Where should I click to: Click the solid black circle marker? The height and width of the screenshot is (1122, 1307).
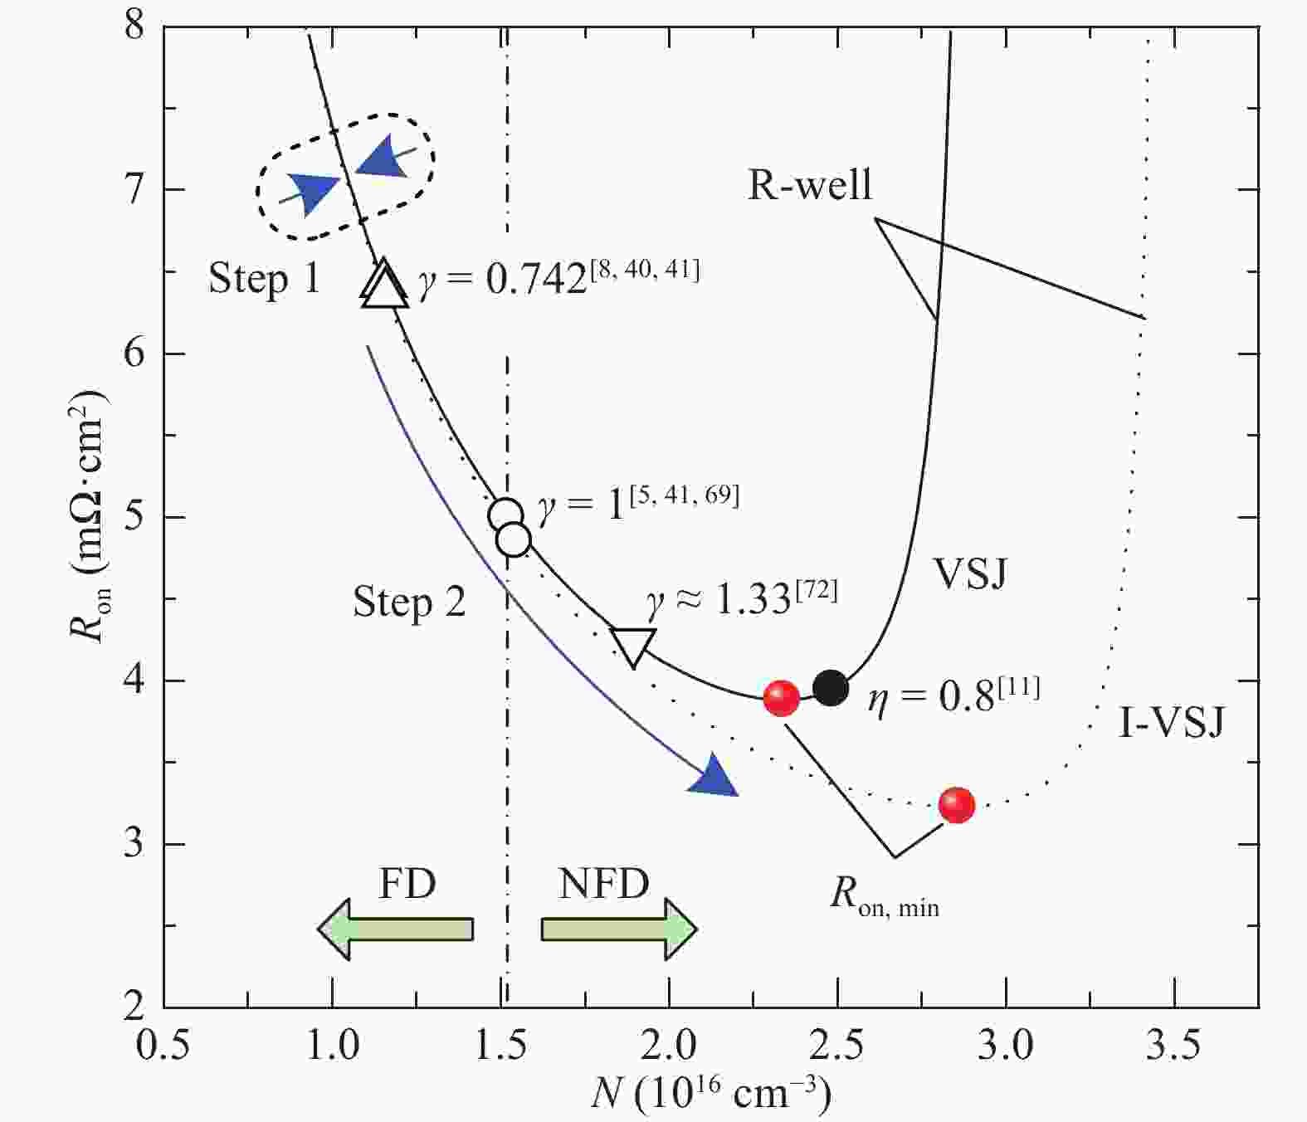tap(831, 687)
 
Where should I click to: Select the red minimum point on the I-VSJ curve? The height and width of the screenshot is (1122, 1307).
tap(957, 805)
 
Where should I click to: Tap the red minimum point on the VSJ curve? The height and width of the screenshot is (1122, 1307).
tap(781, 698)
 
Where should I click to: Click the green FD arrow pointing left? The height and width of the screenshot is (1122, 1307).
tap(396, 929)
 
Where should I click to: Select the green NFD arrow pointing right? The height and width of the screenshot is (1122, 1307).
tap(619, 929)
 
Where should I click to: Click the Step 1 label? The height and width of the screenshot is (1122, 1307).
tap(264, 278)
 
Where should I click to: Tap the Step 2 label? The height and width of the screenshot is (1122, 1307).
tap(409, 602)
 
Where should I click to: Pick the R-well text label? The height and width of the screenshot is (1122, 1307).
tap(810, 185)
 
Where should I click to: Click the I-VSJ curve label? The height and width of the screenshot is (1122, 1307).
tap(1171, 722)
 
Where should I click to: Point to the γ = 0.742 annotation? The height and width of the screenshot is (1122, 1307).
tap(558, 277)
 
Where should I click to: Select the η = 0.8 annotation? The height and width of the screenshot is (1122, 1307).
tap(953, 695)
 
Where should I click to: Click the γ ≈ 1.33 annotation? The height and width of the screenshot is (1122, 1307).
tap(742, 598)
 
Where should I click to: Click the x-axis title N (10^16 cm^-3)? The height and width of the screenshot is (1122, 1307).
tap(711, 1095)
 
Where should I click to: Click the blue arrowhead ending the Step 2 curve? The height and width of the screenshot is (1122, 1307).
tap(715, 778)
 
